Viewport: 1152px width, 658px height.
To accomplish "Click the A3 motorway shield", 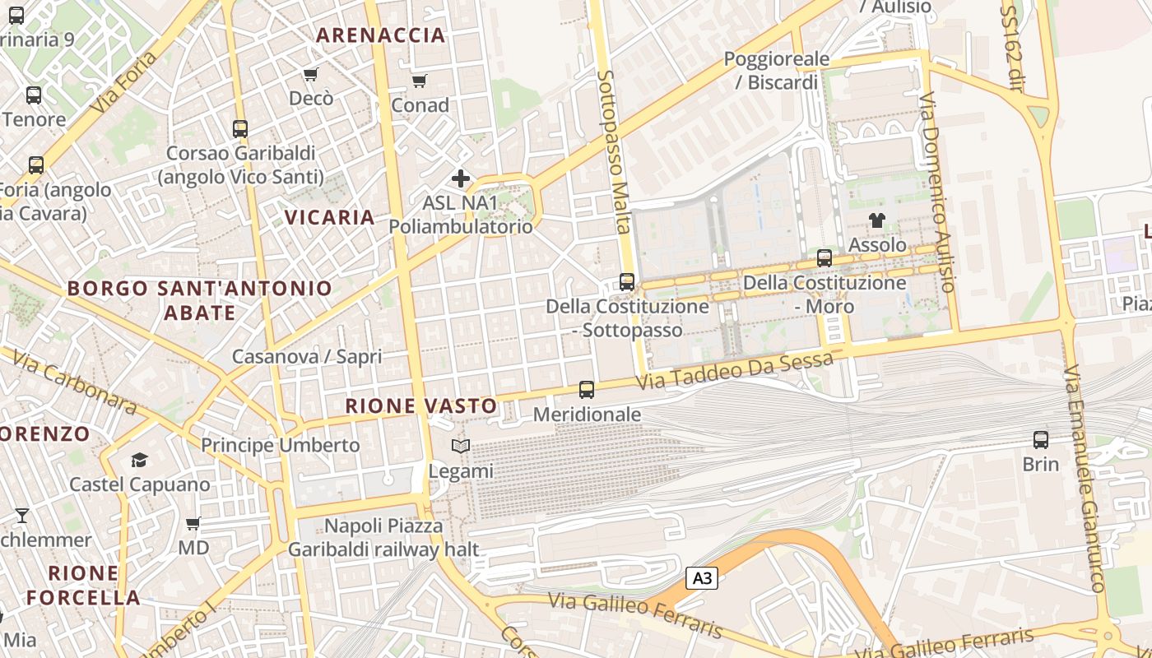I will (x=701, y=578).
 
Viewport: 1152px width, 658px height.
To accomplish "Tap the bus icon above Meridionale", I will (x=586, y=389).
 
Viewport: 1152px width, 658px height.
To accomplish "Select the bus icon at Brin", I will (x=1041, y=439).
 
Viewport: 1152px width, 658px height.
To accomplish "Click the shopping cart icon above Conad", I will (x=420, y=81).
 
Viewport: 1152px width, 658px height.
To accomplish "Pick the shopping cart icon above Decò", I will (x=310, y=75).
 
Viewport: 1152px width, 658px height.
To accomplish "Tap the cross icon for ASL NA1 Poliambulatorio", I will (x=461, y=178).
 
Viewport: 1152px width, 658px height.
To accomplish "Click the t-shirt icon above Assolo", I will (x=877, y=220).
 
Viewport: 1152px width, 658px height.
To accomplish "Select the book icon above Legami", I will (x=461, y=446).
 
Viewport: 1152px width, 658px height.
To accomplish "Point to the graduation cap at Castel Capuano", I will (x=139, y=460).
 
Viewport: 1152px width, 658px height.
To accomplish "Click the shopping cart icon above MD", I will (x=193, y=523).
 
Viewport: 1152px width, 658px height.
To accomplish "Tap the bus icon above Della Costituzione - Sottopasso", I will (x=627, y=282).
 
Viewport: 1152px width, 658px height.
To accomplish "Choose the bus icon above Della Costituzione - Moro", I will (x=825, y=258).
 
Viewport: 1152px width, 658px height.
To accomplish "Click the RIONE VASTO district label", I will (x=421, y=405).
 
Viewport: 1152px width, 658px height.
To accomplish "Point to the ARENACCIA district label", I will (x=381, y=35).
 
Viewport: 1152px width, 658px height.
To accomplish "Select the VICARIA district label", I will (x=330, y=217).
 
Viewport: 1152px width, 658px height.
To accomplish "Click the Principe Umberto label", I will (x=281, y=445).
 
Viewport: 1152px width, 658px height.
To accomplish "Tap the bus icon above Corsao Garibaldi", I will (x=240, y=129).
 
